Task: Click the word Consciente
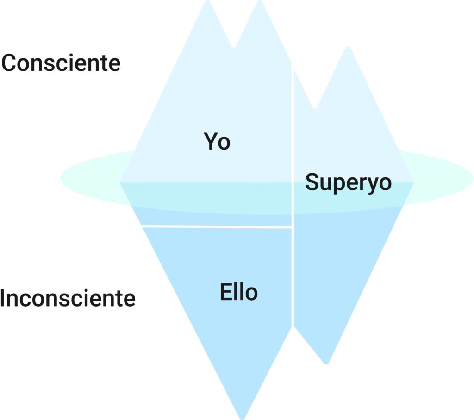point(61,63)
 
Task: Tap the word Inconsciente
point(68,299)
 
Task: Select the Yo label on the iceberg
point(217,142)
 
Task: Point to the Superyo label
point(348,182)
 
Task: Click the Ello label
point(238,292)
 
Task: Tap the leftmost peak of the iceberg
point(207,4)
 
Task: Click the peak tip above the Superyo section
point(347,49)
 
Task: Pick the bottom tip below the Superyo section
point(326,362)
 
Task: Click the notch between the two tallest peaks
point(234,45)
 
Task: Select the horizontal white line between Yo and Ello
point(217,226)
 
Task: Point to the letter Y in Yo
point(210,142)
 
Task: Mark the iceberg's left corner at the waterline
point(121,182)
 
